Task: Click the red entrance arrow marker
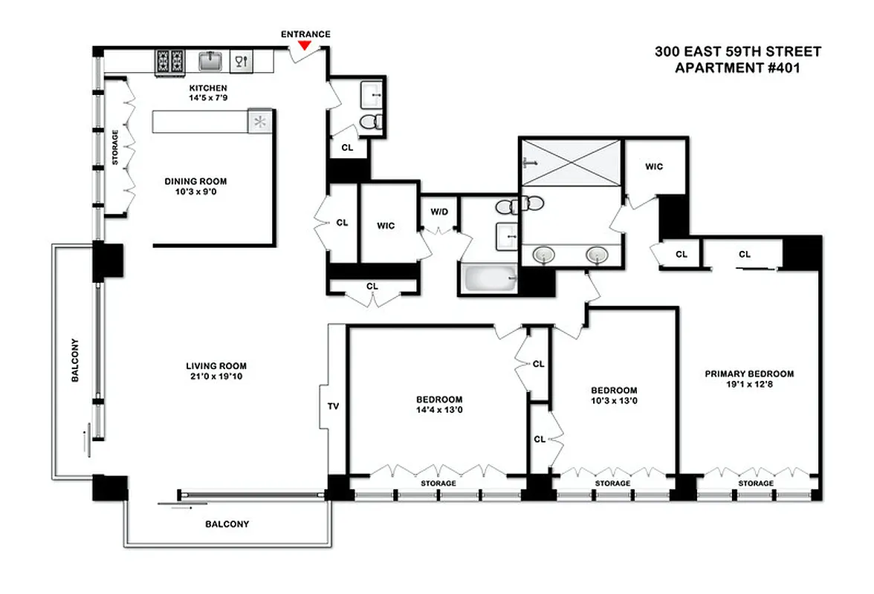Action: [x=304, y=46]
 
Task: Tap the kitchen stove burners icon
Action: [x=169, y=62]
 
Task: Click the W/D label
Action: [x=439, y=212]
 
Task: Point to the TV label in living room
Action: [x=334, y=406]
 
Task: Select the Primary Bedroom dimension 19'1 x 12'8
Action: [x=749, y=385]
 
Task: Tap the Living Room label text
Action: [x=216, y=365]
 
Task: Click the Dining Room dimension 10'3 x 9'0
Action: [x=195, y=192]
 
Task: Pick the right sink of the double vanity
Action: [x=596, y=255]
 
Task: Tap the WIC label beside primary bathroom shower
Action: [x=653, y=166]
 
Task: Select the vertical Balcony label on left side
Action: [x=75, y=361]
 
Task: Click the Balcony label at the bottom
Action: [x=227, y=523]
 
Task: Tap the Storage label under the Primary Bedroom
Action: [x=755, y=483]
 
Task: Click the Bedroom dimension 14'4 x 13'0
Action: [x=439, y=409]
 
